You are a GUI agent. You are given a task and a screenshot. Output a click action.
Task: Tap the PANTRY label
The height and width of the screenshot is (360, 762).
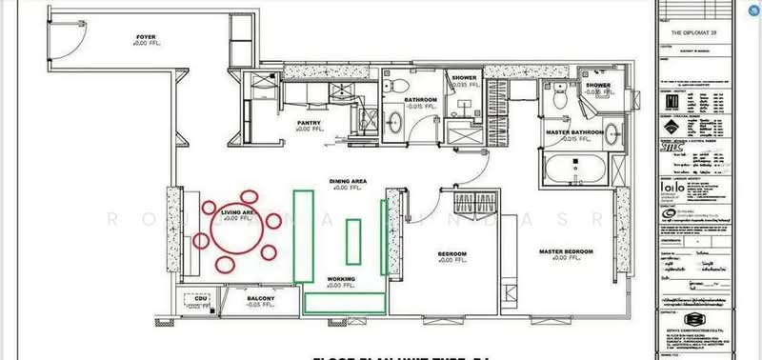(308, 123)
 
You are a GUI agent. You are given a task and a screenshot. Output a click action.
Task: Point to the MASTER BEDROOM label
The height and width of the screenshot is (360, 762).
(566, 251)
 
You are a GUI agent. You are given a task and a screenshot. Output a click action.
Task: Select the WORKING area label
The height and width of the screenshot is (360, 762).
(340, 279)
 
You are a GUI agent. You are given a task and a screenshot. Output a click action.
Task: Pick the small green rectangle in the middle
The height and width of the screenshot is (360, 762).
(353, 242)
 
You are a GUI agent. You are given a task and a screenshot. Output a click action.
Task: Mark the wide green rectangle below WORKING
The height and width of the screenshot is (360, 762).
(345, 303)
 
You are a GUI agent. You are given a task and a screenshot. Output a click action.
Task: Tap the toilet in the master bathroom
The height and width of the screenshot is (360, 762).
(561, 99)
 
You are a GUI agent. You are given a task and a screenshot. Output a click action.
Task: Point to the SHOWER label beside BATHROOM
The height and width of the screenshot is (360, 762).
(465, 78)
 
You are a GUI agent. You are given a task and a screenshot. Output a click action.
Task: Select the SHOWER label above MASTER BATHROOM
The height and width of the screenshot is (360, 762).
(597, 86)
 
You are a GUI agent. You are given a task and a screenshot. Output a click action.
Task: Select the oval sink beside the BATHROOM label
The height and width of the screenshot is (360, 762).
(395, 121)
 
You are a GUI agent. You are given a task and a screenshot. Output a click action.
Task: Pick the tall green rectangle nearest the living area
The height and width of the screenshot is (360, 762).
(304, 235)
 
